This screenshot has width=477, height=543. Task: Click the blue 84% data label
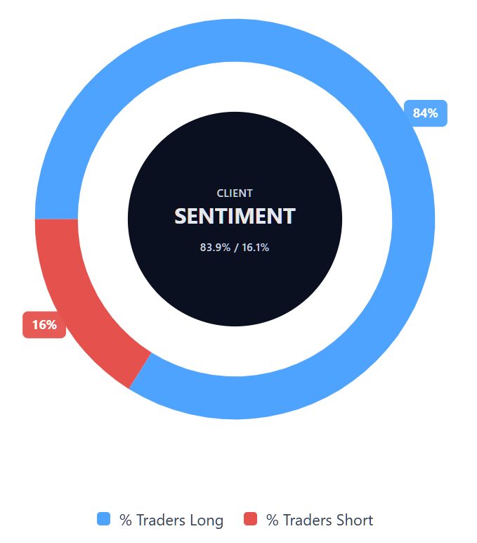[426, 113]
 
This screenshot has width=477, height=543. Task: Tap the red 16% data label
[44, 325]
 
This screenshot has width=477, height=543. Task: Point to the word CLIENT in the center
[235, 193]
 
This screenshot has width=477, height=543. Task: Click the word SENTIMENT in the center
[235, 217]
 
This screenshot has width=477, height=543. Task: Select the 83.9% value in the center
[215, 248]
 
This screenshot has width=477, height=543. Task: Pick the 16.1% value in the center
[255, 248]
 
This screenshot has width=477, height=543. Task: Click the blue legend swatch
[103, 519]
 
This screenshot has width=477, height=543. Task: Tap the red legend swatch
[250, 519]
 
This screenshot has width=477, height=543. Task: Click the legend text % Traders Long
[171, 520]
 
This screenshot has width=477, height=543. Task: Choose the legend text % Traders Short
[320, 520]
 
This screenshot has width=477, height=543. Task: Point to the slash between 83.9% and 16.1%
[236, 248]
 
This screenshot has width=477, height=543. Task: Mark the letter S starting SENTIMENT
[180, 217]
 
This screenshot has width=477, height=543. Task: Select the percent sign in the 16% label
[52, 325]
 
